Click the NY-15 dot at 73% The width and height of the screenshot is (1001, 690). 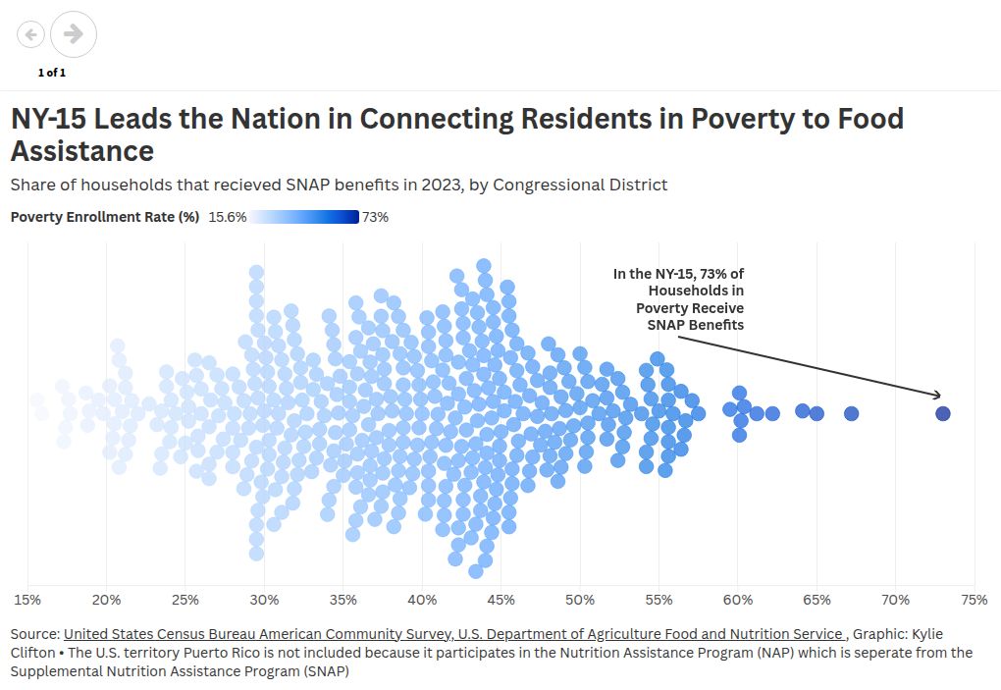[942, 413]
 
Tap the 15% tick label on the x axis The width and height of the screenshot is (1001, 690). [27, 599]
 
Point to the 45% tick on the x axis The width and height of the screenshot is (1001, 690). [500, 599]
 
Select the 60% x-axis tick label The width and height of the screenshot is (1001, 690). [737, 599]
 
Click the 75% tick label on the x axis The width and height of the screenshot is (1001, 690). [974, 599]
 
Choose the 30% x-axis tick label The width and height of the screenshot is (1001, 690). [264, 599]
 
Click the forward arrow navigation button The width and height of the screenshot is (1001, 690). [74, 34]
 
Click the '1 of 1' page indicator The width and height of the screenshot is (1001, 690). [52, 73]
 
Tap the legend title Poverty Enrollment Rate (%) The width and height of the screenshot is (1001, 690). [105, 217]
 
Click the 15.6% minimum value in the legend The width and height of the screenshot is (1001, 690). [228, 217]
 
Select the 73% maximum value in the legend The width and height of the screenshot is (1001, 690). [375, 217]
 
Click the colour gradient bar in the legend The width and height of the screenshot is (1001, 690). [304, 217]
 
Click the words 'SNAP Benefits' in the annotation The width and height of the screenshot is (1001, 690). [695, 325]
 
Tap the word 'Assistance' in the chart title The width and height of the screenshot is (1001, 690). [82, 151]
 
